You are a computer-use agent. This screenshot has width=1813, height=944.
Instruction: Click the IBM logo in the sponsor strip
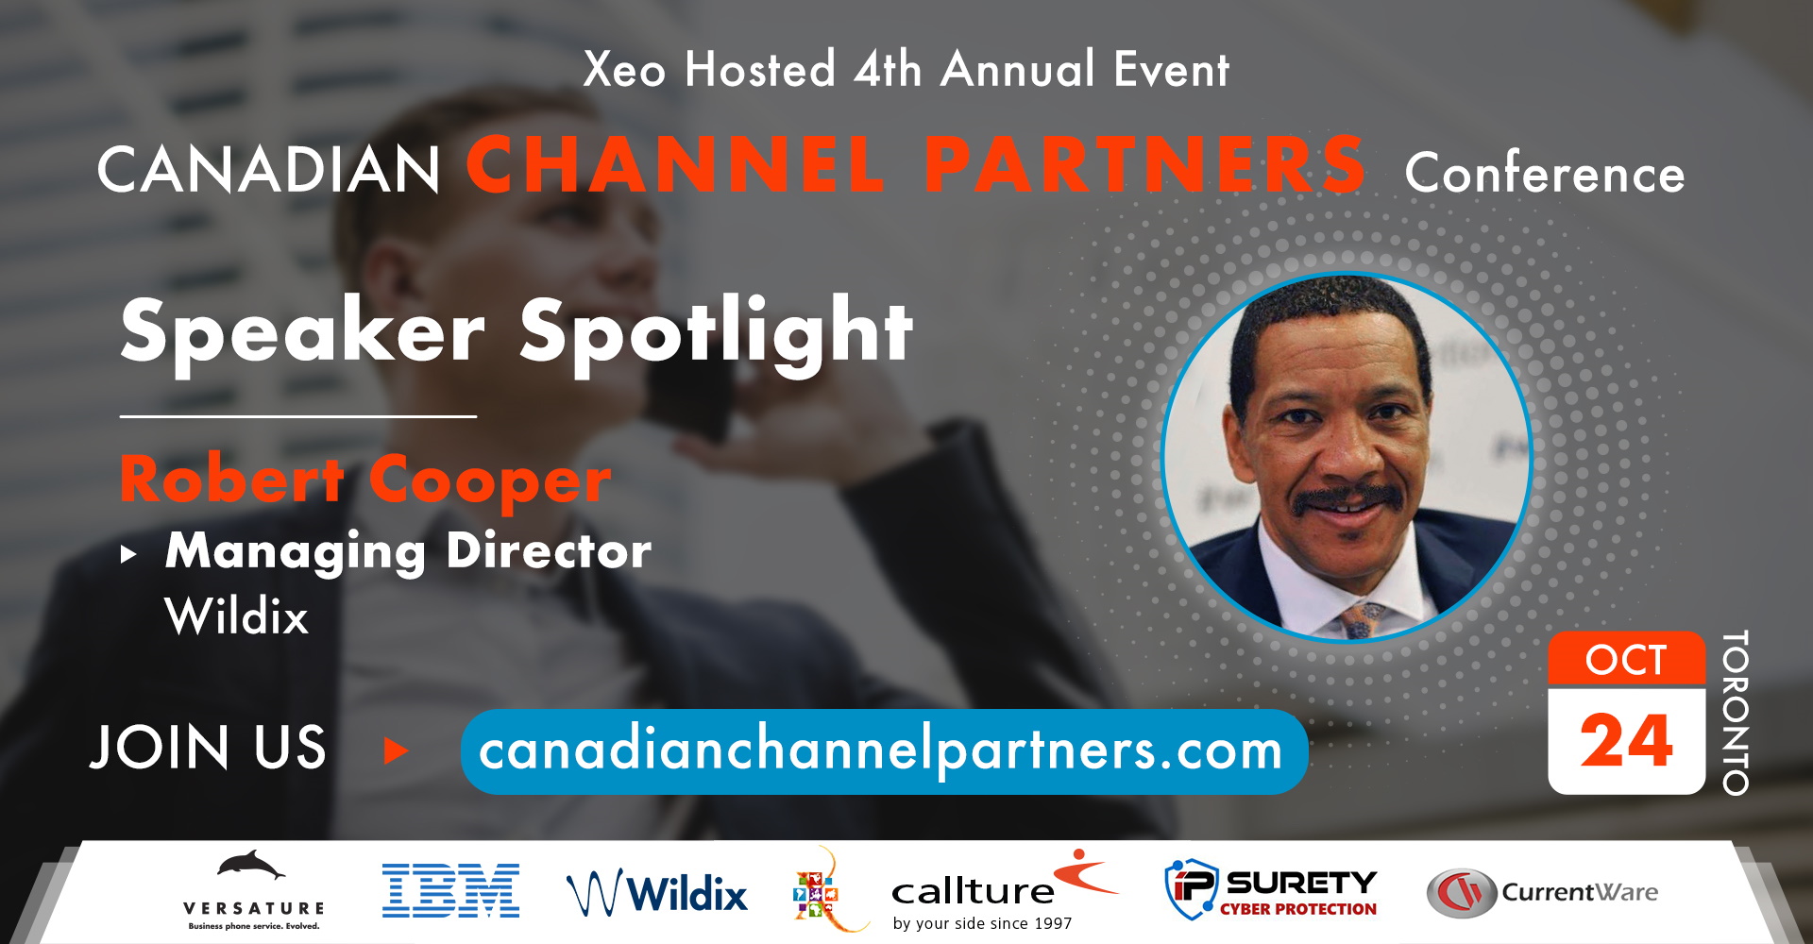pyautogui.click(x=450, y=890)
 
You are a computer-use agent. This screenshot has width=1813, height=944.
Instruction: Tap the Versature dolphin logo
pyautogui.click(x=253, y=889)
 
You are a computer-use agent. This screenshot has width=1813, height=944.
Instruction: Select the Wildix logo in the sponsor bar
pyautogui.click(x=657, y=892)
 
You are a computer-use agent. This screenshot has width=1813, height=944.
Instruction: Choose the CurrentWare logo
pyautogui.click(x=1542, y=893)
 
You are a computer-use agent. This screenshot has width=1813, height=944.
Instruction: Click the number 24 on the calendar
pyautogui.click(x=1626, y=741)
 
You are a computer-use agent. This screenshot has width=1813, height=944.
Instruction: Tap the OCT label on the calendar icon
pyautogui.click(x=1626, y=660)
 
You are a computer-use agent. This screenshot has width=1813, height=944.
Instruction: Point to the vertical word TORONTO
pyautogui.click(x=1736, y=713)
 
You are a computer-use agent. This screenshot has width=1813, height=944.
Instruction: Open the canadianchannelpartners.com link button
pyautogui.click(x=884, y=751)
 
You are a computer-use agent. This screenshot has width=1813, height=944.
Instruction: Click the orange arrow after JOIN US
pyautogui.click(x=397, y=751)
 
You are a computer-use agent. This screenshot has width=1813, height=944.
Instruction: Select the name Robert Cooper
pyautogui.click(x=365, y=480)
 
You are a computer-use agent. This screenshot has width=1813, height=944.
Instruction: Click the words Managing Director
pyautogui.click(x=408, y=551)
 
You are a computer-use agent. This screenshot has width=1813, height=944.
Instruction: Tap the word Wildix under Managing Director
pyautogui.click(x=237, y=617)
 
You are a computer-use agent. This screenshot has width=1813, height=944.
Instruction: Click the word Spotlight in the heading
pyautogui.click(x=717, y=331)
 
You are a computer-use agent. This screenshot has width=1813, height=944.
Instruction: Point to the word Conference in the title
pyautogui.click(x=1545, y=173)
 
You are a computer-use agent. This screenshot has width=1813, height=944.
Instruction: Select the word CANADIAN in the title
pyautogui.click(x=269, y=170)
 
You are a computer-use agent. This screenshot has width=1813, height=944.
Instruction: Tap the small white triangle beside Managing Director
pyautogui.click(x=129, y=554)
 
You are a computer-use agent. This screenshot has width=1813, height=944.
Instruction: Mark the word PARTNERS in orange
pyautogui.click(x=1144, y=163)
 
